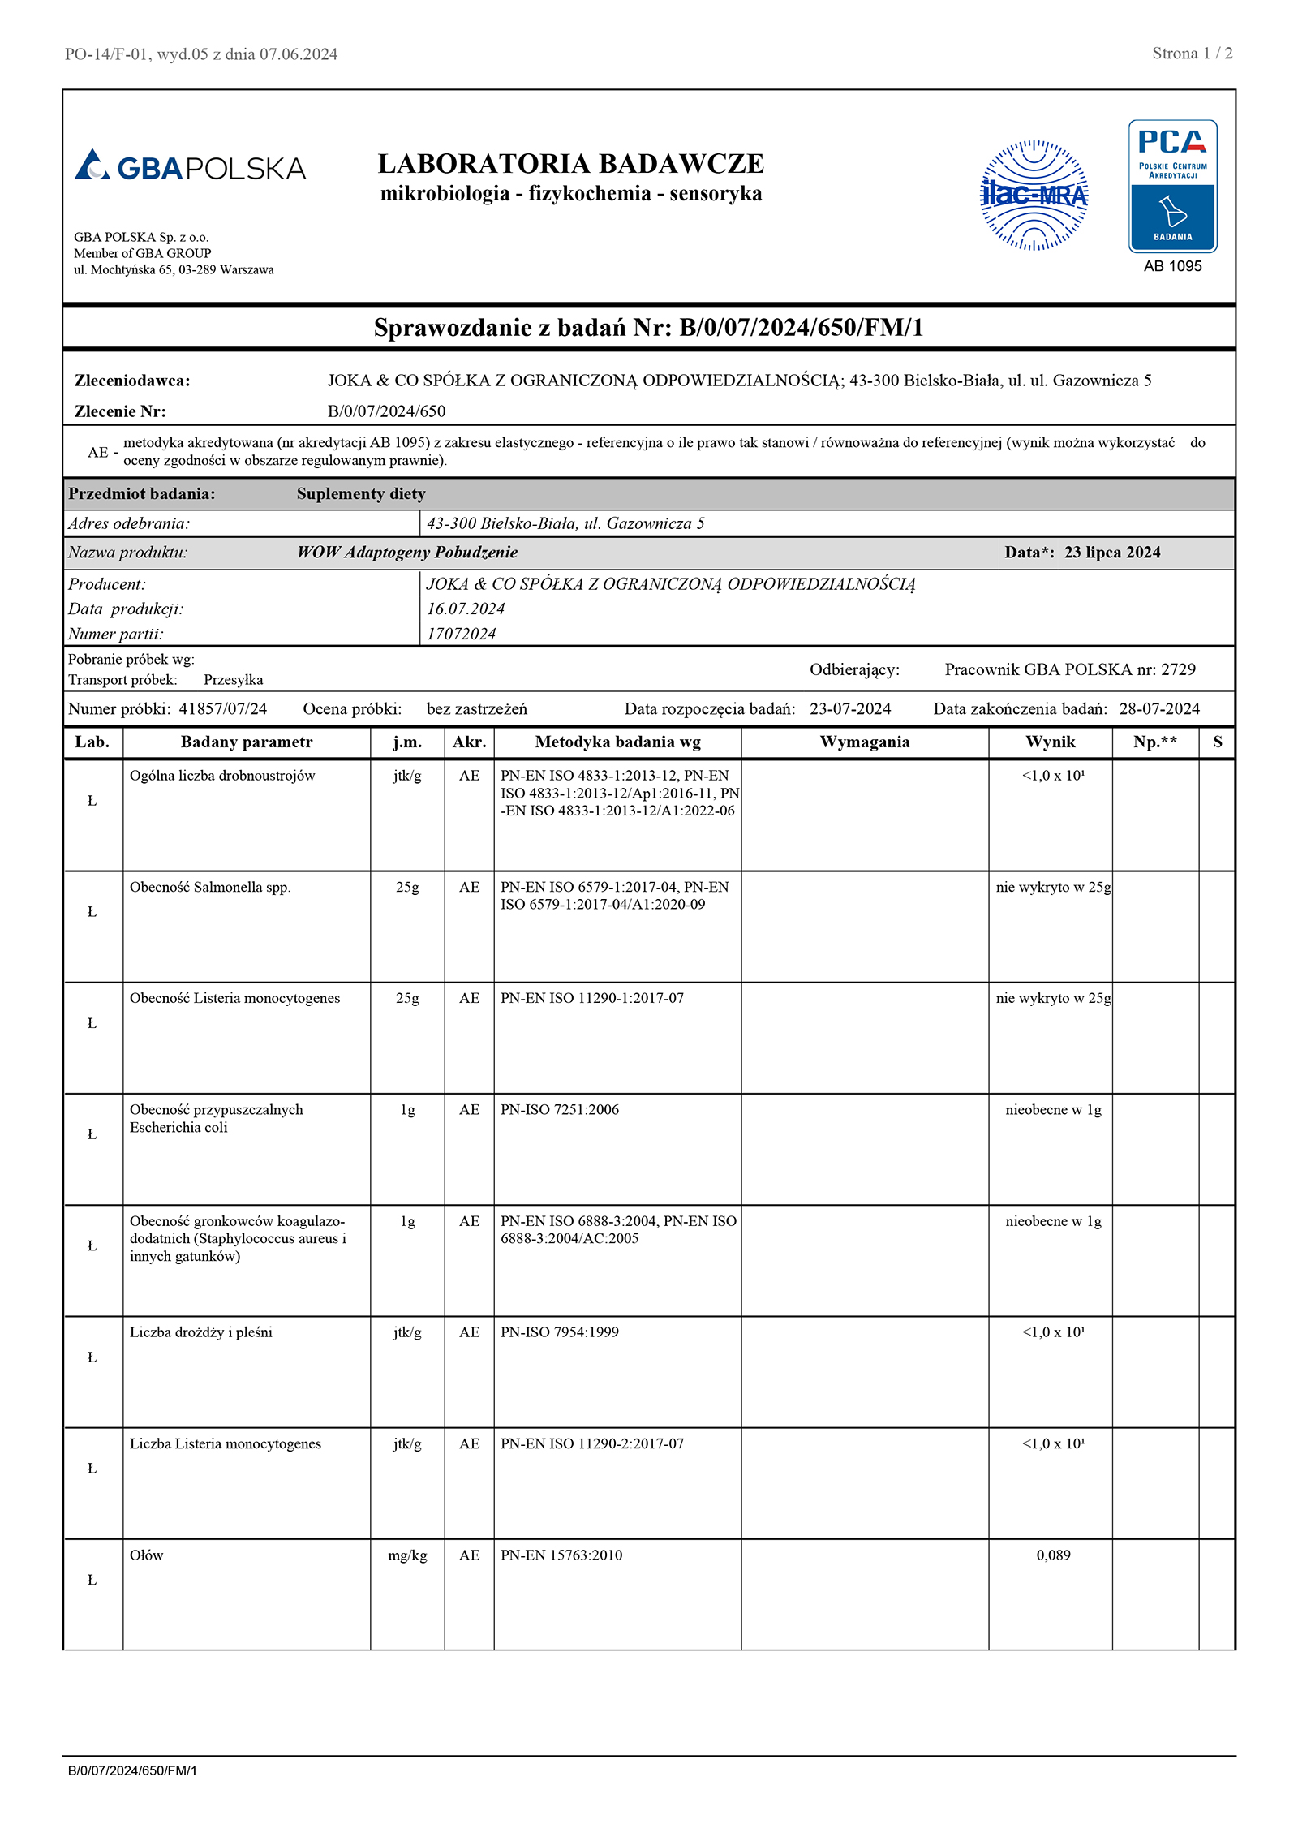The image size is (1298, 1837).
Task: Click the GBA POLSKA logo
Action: [190, 166]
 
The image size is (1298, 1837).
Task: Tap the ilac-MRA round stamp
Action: [1034, 196]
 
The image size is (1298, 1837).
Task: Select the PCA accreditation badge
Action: [1172, 187]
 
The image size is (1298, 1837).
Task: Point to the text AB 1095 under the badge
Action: [1172, 266]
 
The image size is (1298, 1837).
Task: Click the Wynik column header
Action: [1050, 742]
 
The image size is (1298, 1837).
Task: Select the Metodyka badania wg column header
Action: [617, 742]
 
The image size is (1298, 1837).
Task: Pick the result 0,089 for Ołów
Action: [1053, 1555]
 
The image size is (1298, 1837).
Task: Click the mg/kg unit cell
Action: [407, 1555]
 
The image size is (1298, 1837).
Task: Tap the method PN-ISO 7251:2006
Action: [560, 1109]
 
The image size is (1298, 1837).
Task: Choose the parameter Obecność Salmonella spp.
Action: [210, 887]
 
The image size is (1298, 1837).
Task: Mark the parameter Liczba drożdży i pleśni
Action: [201, 1332]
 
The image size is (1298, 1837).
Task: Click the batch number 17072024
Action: [461, 634]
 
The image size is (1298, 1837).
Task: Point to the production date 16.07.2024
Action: [466, 609]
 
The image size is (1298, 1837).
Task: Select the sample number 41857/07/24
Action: [223, 708]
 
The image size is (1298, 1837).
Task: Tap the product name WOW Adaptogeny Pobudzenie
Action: [407, 553]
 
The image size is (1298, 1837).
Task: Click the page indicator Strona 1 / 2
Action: [1192, 54]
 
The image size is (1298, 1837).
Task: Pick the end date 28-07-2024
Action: [1159, 708]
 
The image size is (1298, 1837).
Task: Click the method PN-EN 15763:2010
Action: [561, 1555]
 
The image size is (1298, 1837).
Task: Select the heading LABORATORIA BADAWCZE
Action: [571, 163]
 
